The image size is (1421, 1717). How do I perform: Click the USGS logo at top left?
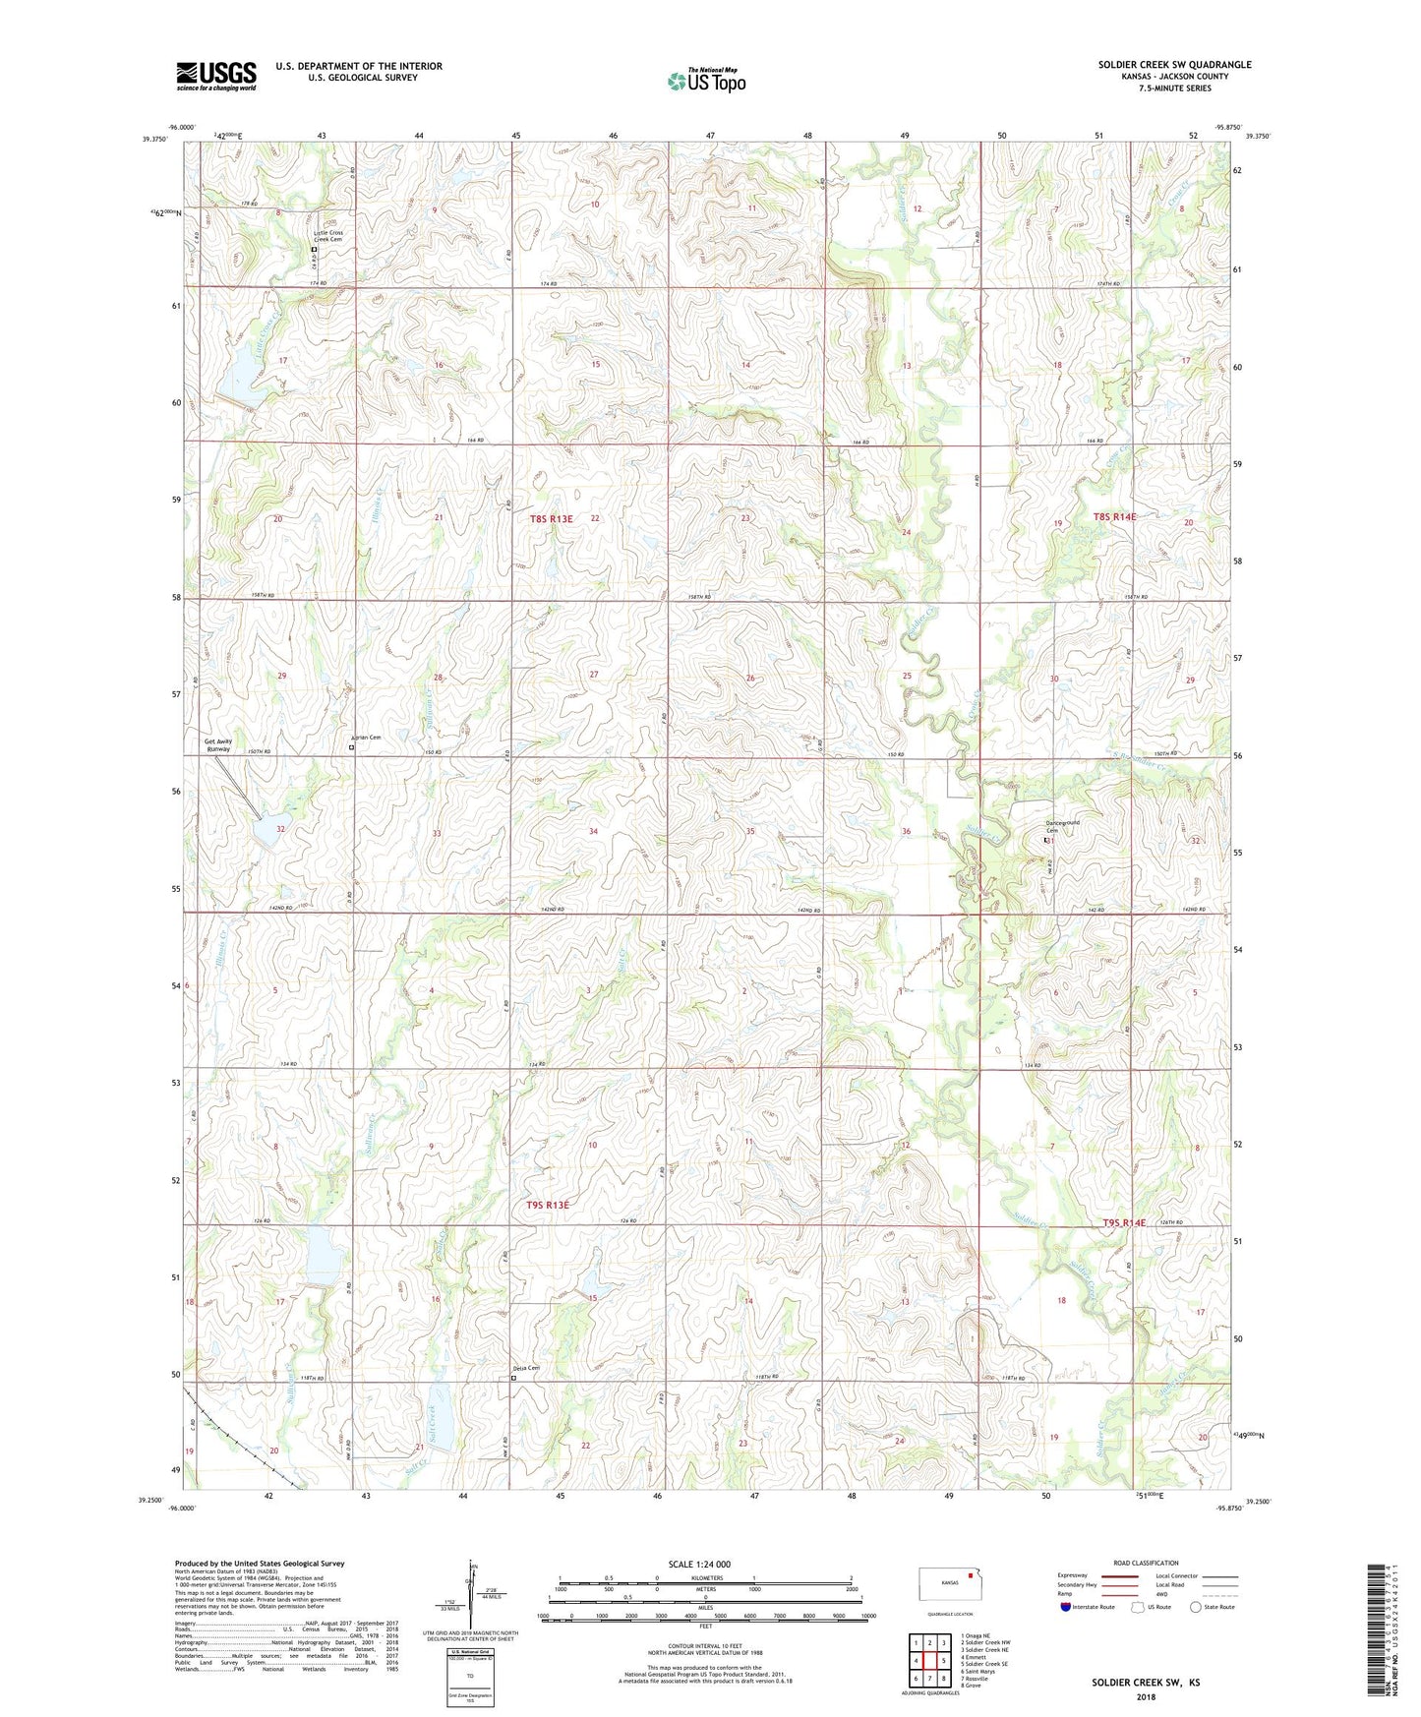[x=216, y=75]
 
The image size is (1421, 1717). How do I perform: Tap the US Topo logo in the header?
[x=706, y=81]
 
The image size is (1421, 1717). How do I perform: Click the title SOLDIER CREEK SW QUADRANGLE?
[x=1174, y=65]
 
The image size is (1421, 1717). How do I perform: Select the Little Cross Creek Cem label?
[x=328, y=236]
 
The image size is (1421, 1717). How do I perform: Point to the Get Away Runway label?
[x=217, y=744]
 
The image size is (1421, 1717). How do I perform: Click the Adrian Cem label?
[x=365, y=738]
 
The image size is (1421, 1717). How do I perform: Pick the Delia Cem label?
[x=526, y=1368]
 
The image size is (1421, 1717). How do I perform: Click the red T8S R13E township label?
[x=551, y=518]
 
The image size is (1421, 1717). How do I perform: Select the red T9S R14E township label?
[x=1122, y=1222]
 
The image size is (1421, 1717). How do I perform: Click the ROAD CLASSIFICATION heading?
[x=1146, y=1563]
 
